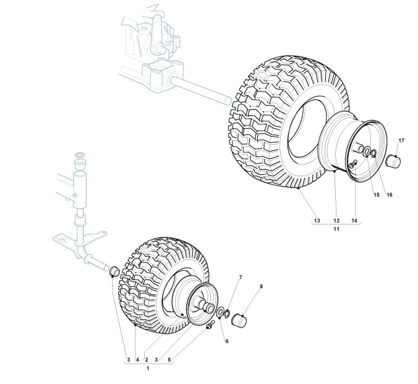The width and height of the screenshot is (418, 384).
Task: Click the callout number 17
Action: pos(401,141)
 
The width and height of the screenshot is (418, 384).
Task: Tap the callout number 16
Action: pos(390,195)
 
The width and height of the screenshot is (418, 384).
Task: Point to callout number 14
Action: pos(354,220)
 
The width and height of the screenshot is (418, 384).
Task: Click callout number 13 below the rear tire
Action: pos(317,220)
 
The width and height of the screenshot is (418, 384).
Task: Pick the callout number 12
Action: pos(336,220)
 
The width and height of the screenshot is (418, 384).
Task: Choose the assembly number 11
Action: pos(336,229)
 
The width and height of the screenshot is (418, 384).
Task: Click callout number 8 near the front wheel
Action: pos(261,286)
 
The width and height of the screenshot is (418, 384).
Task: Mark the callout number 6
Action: pos(226,341)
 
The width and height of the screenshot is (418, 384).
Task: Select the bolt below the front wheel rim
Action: pos(212,325)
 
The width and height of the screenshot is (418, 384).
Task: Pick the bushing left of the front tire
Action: pos(114,271)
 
